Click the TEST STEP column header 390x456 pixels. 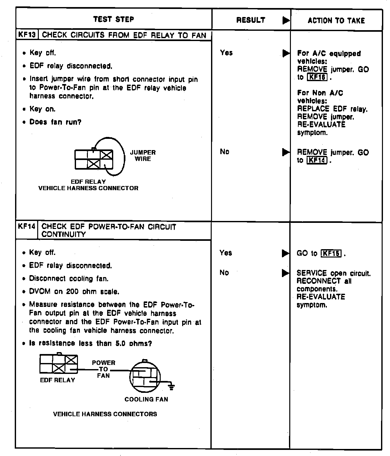pos(114,19)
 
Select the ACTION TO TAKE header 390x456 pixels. pos(336,21)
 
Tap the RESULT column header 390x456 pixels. pos(250,20)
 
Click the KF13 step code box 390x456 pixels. pos(27,35)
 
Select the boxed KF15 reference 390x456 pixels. pos(331,253)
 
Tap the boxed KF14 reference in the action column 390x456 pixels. pos(317,160)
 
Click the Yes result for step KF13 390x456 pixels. pos(226,53)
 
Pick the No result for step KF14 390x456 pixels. pos(224,273)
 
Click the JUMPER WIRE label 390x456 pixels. pos(143,156)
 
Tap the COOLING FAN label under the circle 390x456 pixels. pos(146,399)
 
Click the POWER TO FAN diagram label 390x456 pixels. pos(103,369)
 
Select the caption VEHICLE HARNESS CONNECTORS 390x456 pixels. pos(105,414)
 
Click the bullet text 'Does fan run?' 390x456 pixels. pos(55,122)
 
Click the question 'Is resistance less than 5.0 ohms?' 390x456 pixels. pos(90,343)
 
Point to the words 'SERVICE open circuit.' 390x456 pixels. pos(334,274)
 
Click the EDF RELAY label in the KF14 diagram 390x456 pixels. pos(57,380)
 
